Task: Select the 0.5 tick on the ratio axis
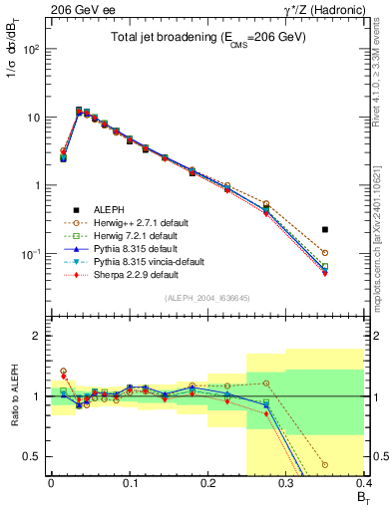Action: [34, 456]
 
